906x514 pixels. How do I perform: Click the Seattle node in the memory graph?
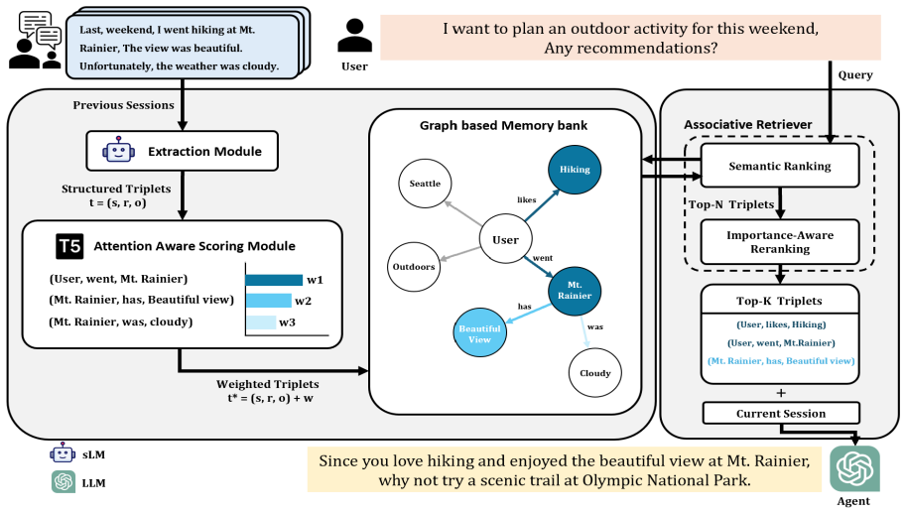(425, 184)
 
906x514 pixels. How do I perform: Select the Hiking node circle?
(575, 170)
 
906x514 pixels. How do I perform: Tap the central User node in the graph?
(505, 239)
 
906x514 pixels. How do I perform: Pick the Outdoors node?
(414, 266)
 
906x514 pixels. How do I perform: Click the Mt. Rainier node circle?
(575, 290)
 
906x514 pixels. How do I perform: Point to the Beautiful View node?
(479, 332)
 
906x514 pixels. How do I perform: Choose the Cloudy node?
(595, 373)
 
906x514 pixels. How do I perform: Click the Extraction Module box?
(182, 151)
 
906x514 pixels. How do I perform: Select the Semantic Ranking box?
(779, 166)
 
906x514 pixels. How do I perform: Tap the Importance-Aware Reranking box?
(779, 242)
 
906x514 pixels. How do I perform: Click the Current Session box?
(781, 414)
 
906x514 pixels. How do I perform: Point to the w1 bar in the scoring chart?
(274, 280)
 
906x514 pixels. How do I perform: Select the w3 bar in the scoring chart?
(261, 322)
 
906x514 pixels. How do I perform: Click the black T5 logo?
(69, 247)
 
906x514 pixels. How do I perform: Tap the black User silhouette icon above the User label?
(354, 36)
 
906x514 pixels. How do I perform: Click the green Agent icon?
(854, 468)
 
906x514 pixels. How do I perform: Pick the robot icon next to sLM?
(63, 453)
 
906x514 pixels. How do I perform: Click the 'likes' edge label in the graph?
(526, 199)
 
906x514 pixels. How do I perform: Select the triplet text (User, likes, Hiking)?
(781, 324)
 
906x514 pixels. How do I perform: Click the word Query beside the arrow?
(855, 75)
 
